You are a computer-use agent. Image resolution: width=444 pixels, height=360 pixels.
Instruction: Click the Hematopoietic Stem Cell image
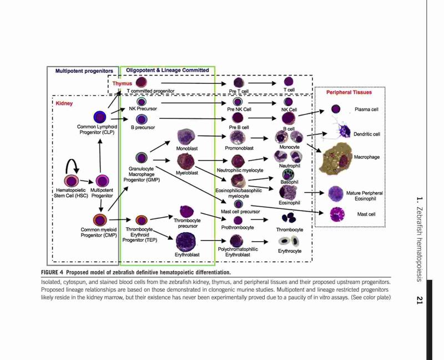[x=72, y=181]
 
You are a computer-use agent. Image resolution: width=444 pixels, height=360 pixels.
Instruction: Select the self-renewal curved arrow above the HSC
[x=72, y=162]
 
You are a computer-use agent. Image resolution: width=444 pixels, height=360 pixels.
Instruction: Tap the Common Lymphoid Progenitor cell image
[x=100, y=117]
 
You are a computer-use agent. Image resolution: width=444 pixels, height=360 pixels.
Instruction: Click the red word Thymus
[x=122, y=83]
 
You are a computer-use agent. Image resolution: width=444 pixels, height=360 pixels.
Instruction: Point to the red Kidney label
[x=64, y=103]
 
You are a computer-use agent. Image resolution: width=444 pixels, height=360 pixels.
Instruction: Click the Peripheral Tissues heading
[x=349, y=92]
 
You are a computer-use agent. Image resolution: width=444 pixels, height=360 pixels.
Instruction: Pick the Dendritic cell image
[x=339, y=129]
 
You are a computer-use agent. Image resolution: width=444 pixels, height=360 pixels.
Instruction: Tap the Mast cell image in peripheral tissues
[x=337, y=214]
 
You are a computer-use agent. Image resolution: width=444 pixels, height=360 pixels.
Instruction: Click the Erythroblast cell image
[x=186, y=242]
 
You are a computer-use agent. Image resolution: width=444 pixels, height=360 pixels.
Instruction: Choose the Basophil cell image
[x=288, y=174]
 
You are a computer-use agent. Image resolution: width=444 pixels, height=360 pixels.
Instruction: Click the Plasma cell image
[x=336, y=109]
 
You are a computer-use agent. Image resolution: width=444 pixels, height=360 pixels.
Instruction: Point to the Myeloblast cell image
[x=186, y=161]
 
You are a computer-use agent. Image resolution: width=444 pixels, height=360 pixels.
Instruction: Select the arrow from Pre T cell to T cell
[x=262, y=83]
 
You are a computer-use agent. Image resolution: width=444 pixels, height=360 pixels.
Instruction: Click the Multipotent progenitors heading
[x=84, y=71]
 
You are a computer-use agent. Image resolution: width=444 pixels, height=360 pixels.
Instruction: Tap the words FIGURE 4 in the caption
[x=52, y=272]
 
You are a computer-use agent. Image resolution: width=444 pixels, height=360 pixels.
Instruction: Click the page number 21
[x=420, y=300]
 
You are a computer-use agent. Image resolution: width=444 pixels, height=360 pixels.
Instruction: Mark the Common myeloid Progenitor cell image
[x=100, y=220]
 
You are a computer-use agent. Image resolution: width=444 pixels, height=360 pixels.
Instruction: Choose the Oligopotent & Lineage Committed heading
[x=168, y=70]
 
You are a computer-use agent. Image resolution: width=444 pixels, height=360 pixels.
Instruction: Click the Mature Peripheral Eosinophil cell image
[x=336, y=193]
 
